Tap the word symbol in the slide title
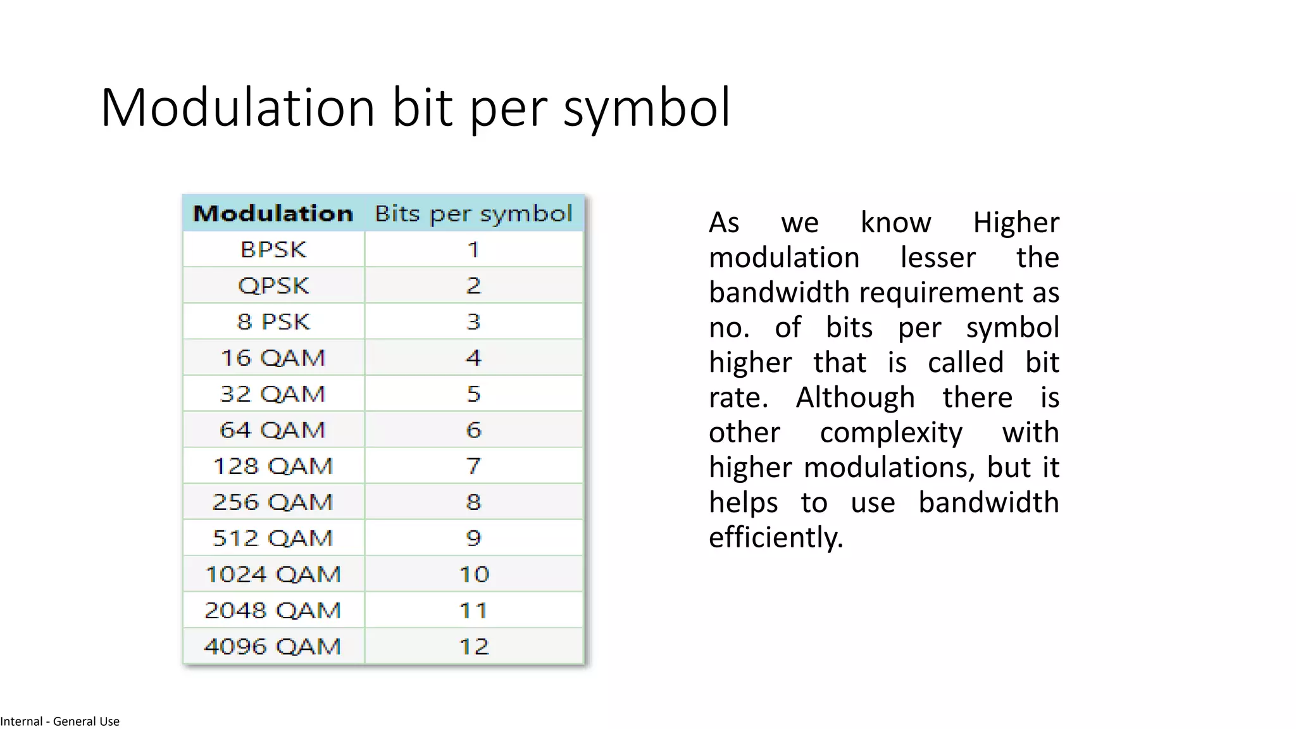tap(647, 109)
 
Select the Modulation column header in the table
tap(273, 213)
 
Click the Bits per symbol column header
tap(473, 214)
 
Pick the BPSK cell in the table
tap(273, 249)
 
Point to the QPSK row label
tap(273, 285)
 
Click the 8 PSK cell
tap(273, 321)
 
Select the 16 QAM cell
tap(273, 358)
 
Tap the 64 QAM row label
tap(273, 430)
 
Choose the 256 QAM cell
tap(273, 502)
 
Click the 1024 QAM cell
tap(273, 574)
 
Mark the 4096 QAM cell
tap(273, 646)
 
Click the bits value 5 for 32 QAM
tap(473, 394)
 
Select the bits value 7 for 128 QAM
tap(473, 466)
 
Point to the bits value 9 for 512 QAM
tap(473, 538)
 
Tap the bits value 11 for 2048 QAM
tap(473, 610)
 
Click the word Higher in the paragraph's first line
tap(1016, 223)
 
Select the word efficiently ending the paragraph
tap(775, 538)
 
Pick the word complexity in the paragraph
tap(891, 433)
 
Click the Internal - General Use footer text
tap(60, 721)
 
